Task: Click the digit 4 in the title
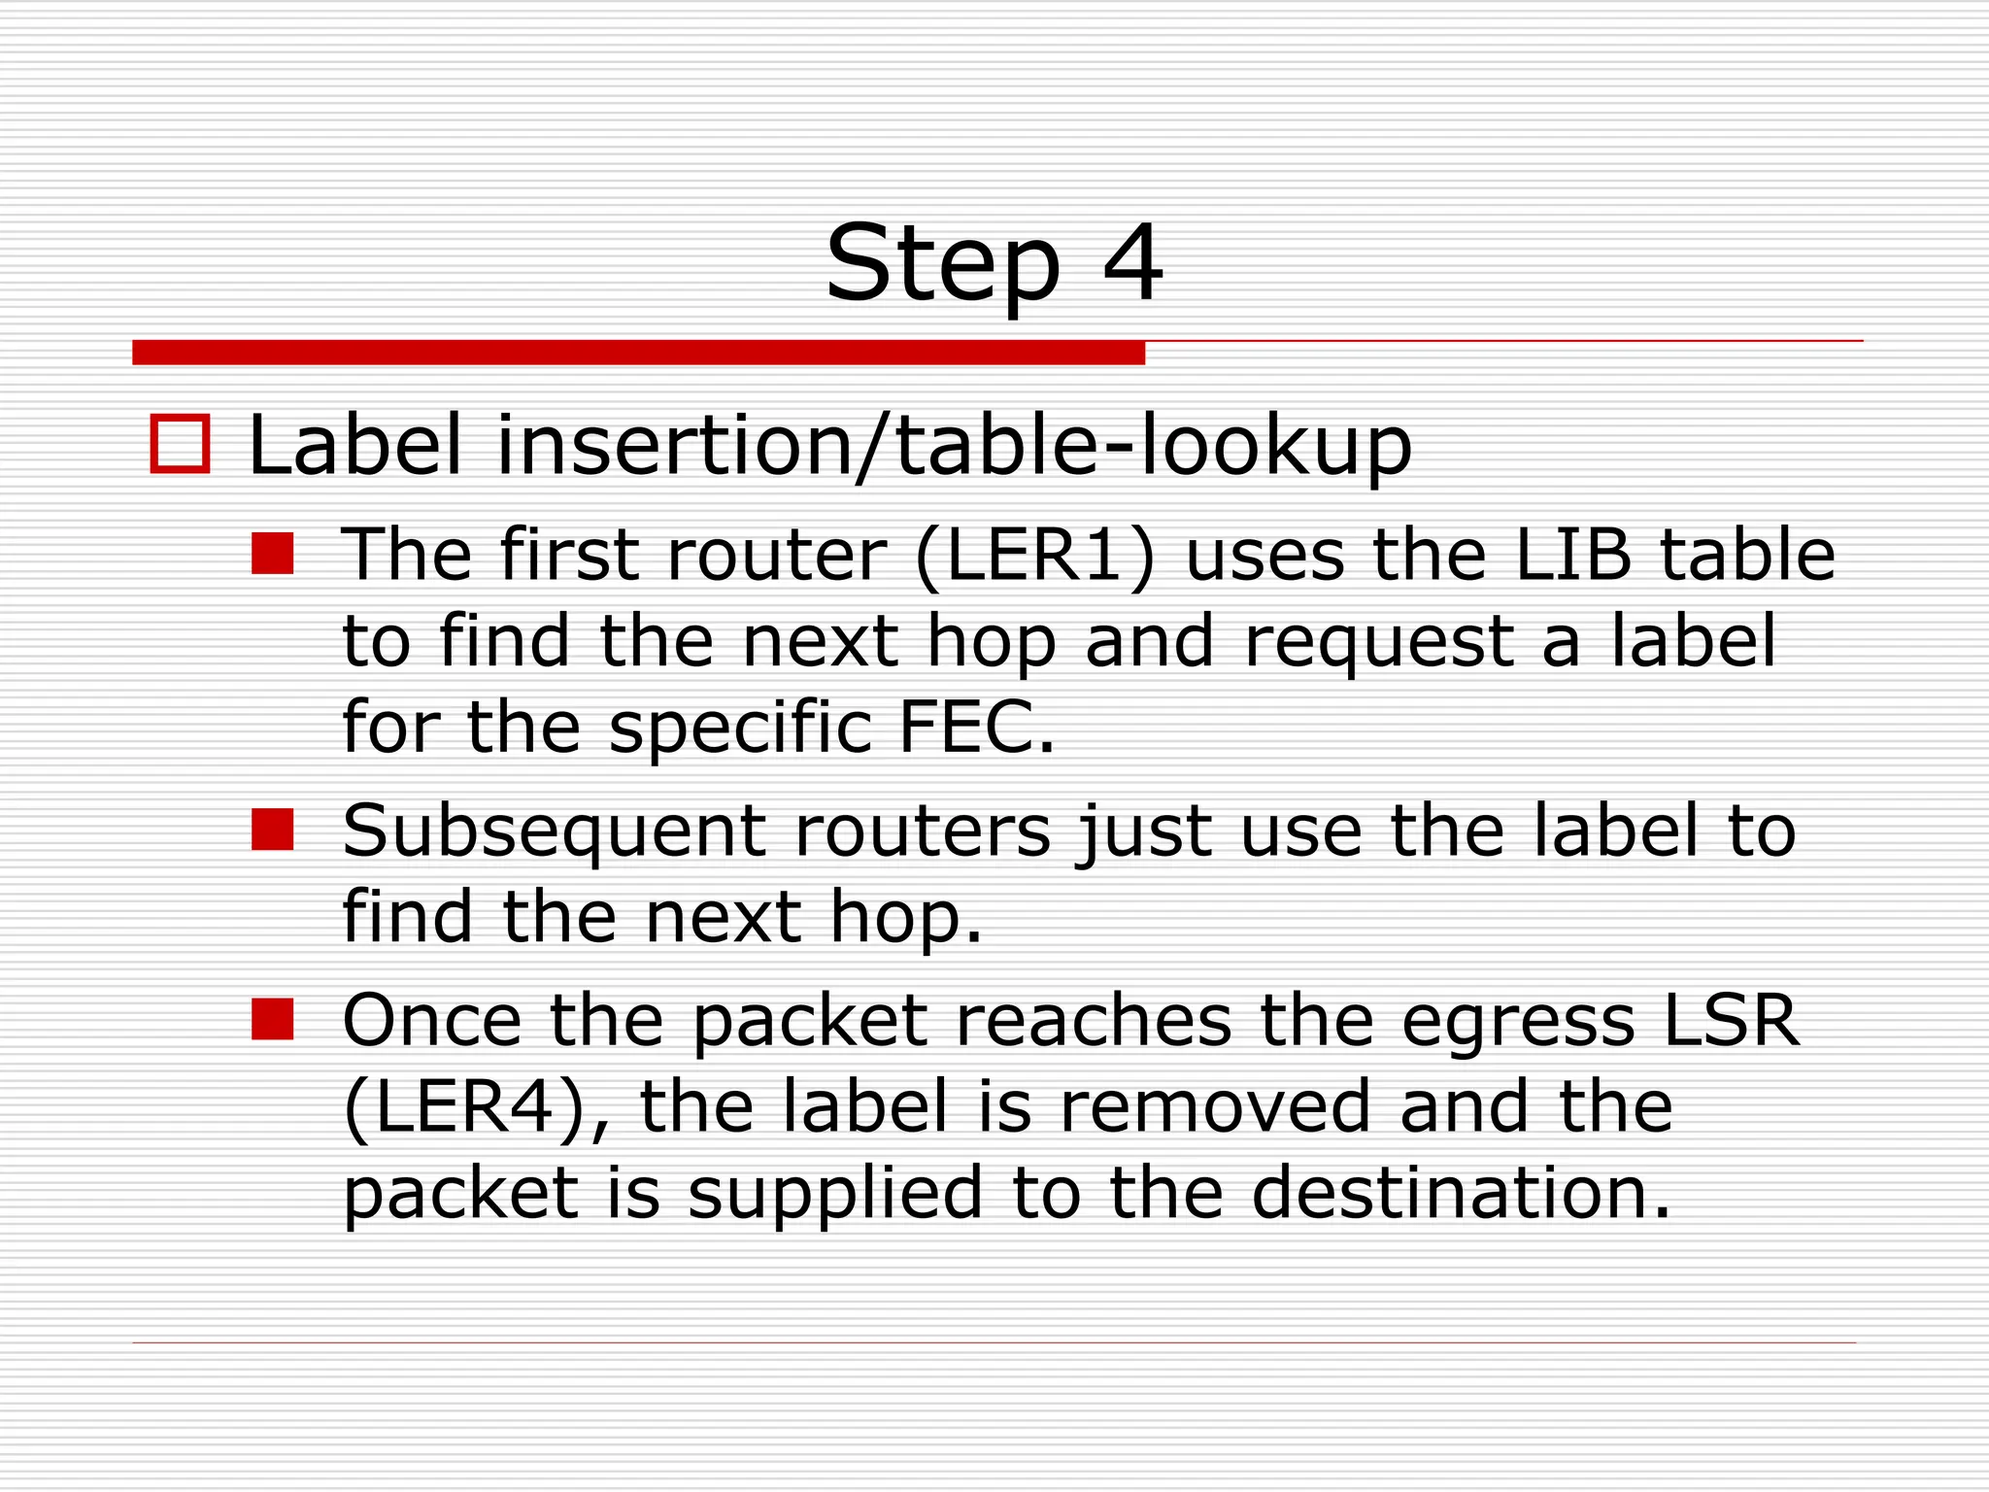[1132, 263]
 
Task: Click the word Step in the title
[942, 265]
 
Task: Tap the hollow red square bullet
[181, 445]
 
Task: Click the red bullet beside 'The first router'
[272, 554]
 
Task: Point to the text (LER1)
[1034, 556]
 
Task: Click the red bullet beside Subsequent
[272, 830]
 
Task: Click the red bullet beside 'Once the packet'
[272, 1020]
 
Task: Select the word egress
[1518, 1023]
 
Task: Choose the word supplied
[835, 1194]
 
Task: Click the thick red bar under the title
[638, 352]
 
